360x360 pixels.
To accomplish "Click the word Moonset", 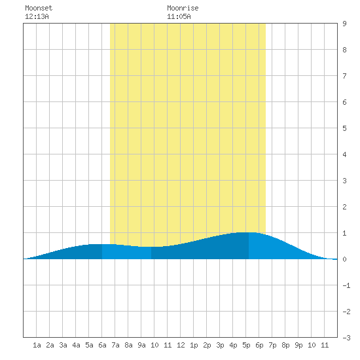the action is pyautogui.click(x=39, y=8).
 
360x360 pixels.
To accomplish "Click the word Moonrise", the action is pyautogui.click(x=183, y=8).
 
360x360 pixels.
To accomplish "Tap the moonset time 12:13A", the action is pyautogui.click(x=37, y=16).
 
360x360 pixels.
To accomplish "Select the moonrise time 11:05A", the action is pyautogui.click(x=179, y=16).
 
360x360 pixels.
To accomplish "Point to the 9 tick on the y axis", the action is pyautogui.click(x=344, y=24).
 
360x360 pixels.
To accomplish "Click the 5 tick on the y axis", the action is pyautogui.click(x=344, y=128).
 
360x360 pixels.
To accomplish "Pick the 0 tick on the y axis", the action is pyautogui.click(x=344, y=259).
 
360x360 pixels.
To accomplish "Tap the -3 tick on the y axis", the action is pyautogui.click(x=346, y=338).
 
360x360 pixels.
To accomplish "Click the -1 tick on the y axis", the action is pyautogui.click(x=346, y=285).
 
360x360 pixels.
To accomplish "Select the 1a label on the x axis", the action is pyautogui.click(x=37, y=345).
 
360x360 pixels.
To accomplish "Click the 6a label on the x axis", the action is pyautogui.click(x=102, y=345).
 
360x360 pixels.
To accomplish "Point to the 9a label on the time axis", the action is pyautogui.click(x=141, y=345).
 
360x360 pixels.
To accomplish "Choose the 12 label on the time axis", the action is pyautogui.click(x=181, y=345).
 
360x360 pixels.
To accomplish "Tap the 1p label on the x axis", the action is pyautogui.click(x=194, y=345).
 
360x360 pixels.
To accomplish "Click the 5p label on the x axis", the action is pyautogui.click(x=246, y=345).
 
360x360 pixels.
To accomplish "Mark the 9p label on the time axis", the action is pyautogui.click(x=298, y=345).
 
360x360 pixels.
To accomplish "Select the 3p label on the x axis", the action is pyautogui.click(x=220, y=345).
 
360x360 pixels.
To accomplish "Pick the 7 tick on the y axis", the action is pyautogui.click(x=344, y=76).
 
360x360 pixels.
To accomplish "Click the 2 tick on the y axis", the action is pyautogui.click(x=344, y=207).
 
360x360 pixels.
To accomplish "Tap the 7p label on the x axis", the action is pyautogui.click(x=272, y=345).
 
